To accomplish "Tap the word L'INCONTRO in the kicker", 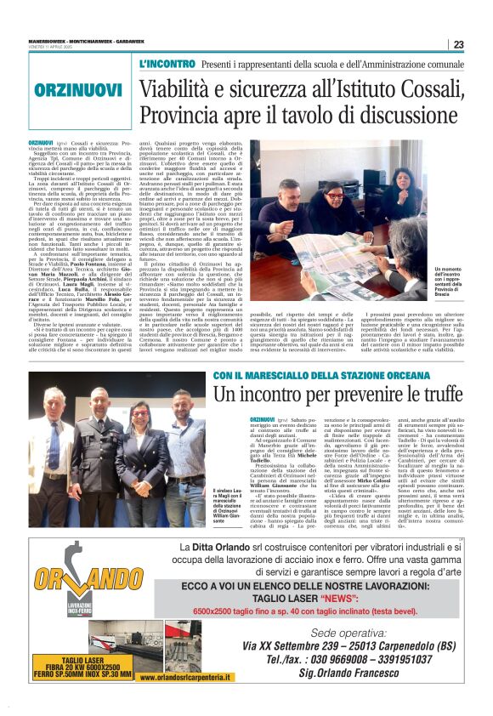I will coord(167,65).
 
